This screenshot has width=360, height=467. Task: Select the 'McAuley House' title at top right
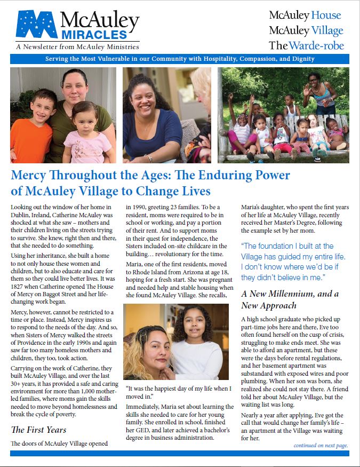click(x=305, y=15)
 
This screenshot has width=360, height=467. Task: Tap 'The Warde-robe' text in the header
click(x=306, y=45)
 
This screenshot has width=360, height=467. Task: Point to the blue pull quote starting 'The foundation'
click(x=293, y=262)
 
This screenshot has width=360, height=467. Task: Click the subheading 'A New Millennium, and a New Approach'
click(x=290, y=299)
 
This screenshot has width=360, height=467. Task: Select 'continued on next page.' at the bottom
click(x=320, y=445)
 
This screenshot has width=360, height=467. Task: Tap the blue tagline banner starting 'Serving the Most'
click(x=180, y=59)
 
